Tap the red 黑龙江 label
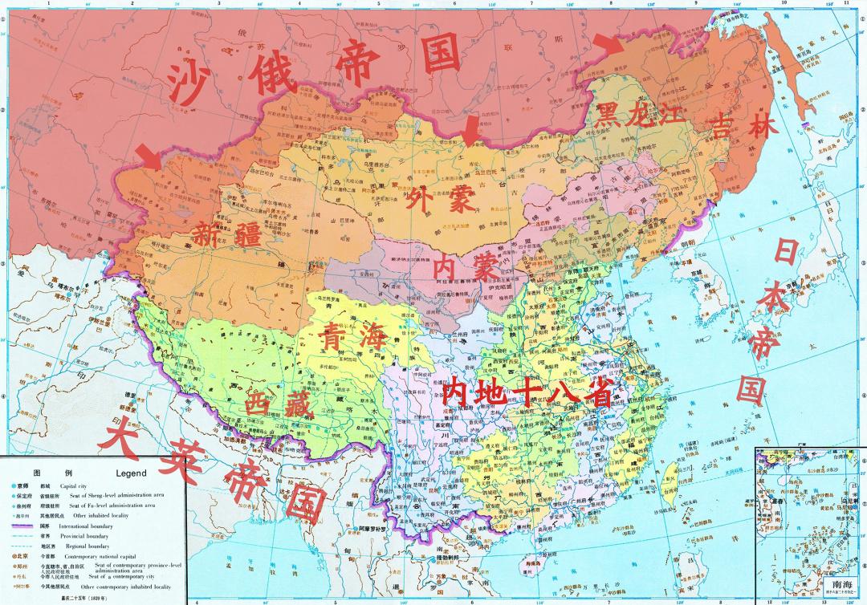point(635,114)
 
